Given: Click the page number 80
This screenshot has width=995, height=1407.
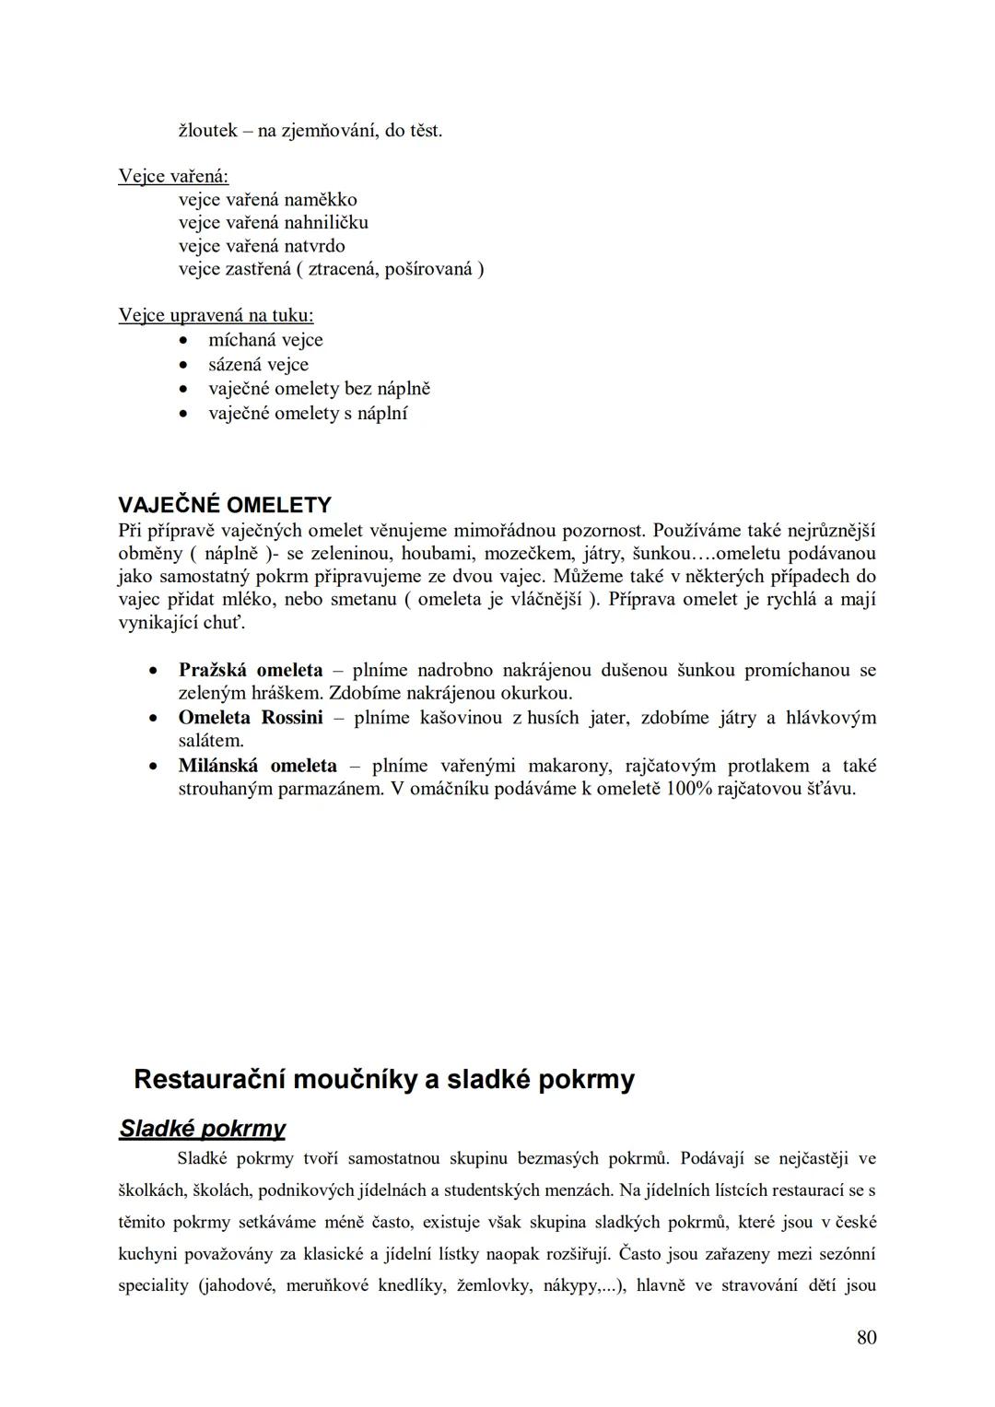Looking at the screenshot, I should [x=866, y=1338].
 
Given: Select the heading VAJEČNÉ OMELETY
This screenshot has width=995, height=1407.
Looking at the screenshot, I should [x=225, y=505].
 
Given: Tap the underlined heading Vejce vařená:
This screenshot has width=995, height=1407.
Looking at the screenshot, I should [x=173, y=176].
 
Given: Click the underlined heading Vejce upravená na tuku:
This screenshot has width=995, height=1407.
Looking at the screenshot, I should [x=216, y=316].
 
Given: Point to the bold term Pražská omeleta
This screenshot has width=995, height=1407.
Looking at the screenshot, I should [x=251, y=670].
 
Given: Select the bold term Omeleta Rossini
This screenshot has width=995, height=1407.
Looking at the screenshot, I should [x=251, y=718].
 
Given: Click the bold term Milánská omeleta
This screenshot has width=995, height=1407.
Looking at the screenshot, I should [x=257, y=766].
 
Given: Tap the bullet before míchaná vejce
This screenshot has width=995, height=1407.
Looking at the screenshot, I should [x=185, y=341].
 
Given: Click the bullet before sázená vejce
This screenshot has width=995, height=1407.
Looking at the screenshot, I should [x=185, y=365].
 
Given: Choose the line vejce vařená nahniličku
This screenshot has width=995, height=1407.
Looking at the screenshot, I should [x=273, y=223].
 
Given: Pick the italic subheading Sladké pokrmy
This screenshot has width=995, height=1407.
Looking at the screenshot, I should [x=202, y=1129].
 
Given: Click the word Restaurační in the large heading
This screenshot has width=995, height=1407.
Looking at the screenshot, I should [x=209, y=1080].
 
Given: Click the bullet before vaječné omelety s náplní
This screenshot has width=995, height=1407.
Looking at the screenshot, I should [x=185, y=414].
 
